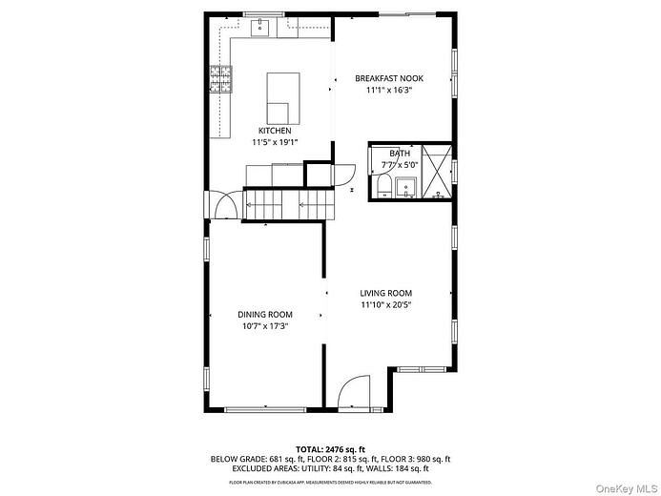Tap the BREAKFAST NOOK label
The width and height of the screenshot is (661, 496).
(388, 78)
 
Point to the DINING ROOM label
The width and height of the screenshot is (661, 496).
(265, 314)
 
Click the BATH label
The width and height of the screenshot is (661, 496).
(400, 153)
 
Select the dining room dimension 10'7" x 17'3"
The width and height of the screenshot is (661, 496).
(265, 326)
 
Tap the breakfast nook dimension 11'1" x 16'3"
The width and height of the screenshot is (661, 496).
(388, 91)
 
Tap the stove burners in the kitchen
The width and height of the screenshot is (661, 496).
(222, 78)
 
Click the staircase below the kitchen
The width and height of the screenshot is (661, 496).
(287, 202)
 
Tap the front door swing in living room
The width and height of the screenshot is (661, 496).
(353, 391)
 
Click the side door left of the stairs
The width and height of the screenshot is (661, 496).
(226, 204)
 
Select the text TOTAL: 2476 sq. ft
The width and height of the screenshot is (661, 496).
(331, 447)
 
